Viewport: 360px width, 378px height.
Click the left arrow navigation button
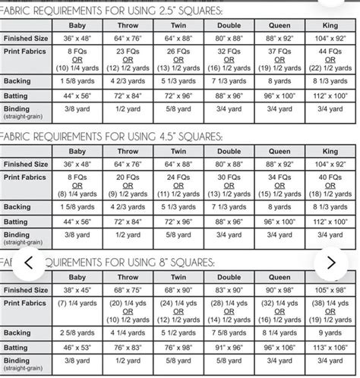(29, 263)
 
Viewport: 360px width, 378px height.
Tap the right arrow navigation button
(331, 263)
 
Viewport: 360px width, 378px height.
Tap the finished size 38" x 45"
(77, 290)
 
